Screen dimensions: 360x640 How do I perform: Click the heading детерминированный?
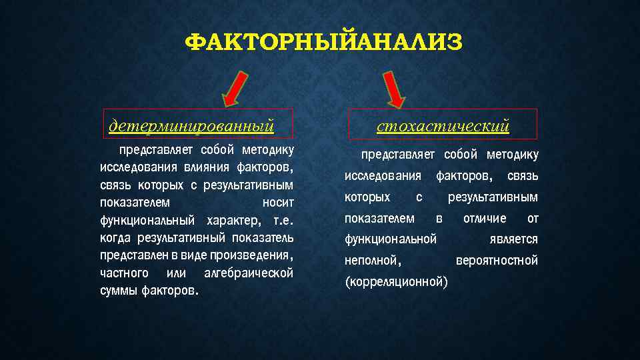192,125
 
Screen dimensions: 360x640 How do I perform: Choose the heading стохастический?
443,125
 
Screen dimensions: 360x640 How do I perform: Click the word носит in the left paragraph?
279,202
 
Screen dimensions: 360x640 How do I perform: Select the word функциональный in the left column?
147,220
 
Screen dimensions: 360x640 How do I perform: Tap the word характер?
231,220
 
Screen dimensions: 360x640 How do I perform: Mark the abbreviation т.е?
283,220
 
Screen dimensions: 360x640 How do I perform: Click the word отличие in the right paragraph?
485,218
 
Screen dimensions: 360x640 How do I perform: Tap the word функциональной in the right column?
390,239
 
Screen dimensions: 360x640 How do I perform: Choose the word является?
513,239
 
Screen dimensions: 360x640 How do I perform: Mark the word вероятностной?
497,260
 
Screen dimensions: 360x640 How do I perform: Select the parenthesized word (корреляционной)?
396,281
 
